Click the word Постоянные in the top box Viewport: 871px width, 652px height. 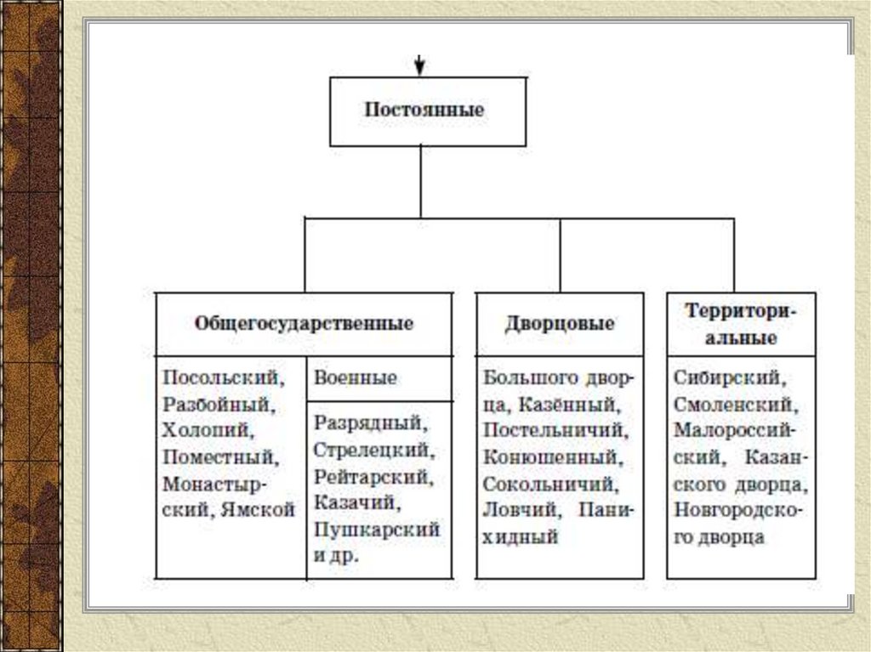[x=424, y=111]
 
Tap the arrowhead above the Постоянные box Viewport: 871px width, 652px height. [x=419, y=67]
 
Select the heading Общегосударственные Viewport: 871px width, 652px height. [x=304, y=324]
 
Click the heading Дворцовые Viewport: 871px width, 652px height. [x=559, y=324]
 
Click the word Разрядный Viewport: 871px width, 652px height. [x=367, y=422]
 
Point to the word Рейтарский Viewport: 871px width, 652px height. [x=372, y=476]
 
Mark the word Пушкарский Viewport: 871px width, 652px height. [x=375, y=530]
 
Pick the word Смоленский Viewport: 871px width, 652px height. [x=732, y=404]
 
